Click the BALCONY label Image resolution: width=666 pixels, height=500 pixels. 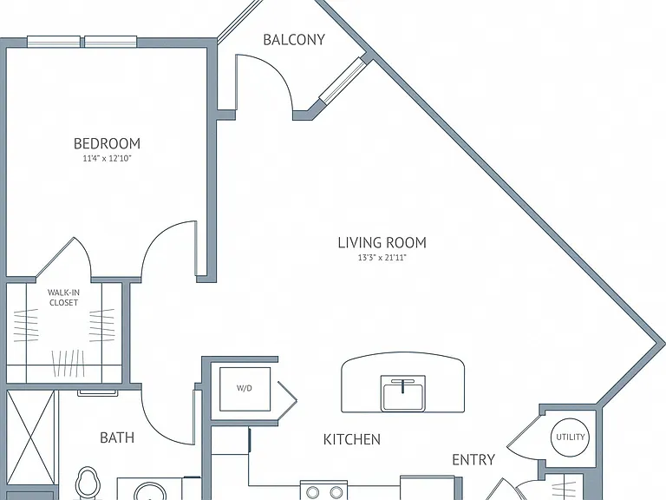[x=294, y=40]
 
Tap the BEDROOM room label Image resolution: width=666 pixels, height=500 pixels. [x=107, y=143]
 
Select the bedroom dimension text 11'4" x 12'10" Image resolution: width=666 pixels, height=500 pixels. [x=107, y=159]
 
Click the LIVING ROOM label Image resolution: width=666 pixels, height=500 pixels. [x=382, y=242]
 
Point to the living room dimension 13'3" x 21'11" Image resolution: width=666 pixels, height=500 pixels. [x=382, y=257]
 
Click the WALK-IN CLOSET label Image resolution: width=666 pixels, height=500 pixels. [x=63, y=298]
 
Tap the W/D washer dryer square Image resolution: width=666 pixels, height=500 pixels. [x=245, y=389]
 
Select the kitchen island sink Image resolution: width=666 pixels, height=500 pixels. [x=402, y=393]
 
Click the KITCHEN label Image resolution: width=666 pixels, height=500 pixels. [x=352, y=439]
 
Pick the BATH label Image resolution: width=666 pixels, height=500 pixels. [x=117, y=437]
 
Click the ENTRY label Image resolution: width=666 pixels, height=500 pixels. [x=473, y=459]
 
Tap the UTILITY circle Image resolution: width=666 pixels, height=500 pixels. [x=570, y=437]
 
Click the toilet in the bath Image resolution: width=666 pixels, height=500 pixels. [x=88, y=484]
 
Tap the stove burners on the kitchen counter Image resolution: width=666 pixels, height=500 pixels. [x=323, y=490]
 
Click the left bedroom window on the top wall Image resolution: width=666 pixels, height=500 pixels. [x=54, y=42]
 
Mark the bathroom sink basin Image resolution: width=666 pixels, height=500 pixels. [x=149, y=491]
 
